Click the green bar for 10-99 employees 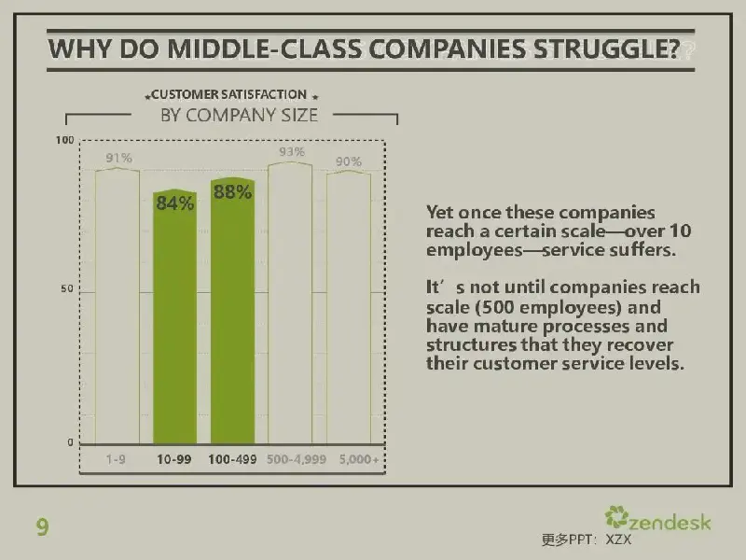click(174, 316)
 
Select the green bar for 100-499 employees click(232, 311)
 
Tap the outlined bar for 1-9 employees click(117, 306)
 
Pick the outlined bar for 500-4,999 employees click(290, 302)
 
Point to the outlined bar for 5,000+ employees click(349, 308)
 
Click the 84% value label click(175, 203)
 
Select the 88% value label click(232, 192)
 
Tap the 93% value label click(292, 151)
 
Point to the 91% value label click(119, 158)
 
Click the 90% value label click(349, 161)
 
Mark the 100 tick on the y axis click(64, 140)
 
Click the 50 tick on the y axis click(67, 288)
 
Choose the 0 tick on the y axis click(71, 442)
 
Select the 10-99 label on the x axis click(174, 459)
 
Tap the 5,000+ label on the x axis click(359, 459)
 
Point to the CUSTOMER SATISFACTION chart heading click(228, 94)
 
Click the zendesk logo click(657, 518)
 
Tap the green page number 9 click(42, 527)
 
